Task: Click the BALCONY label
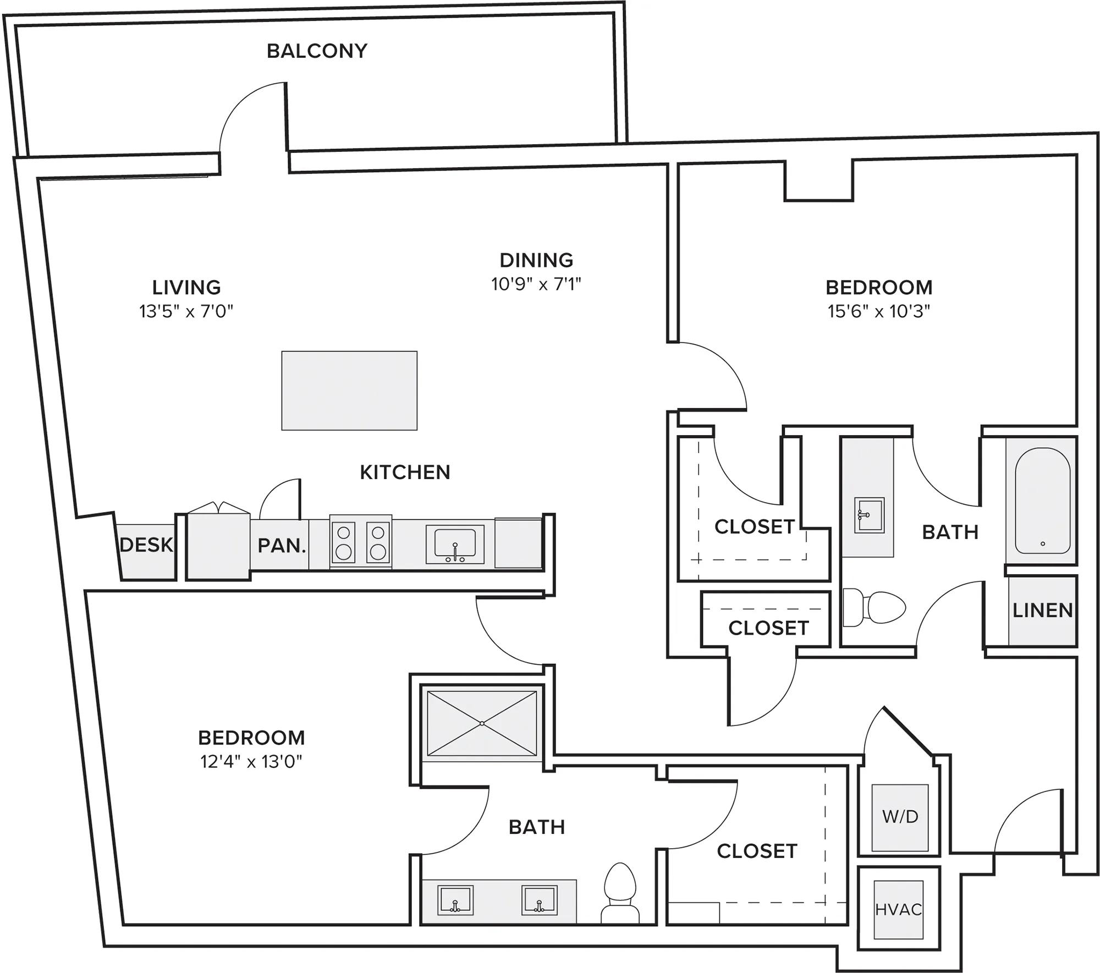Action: pos(317,51)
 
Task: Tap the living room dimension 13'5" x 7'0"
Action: pos(186,312)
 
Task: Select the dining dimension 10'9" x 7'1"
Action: pos(536,284)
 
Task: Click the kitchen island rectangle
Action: pos(349,391)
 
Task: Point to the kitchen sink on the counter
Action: pos(455,544)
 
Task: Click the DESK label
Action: pos(146,545)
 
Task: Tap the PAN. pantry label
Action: pos(281,546)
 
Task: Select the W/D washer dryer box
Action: pos(900,817)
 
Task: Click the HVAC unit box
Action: pos(898,910)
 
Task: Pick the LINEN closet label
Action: pos(1042,611)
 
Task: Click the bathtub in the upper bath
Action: pos(1042,501)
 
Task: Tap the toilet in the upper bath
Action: pos(875,608)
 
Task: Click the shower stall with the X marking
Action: pos(482,723)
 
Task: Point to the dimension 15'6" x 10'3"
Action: pos(878,312)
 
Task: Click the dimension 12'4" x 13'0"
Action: pos(251,762)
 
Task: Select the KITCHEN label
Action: pos(405,472)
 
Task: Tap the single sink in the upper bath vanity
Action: pos(869,515)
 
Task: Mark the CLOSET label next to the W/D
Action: pos(757,851)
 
